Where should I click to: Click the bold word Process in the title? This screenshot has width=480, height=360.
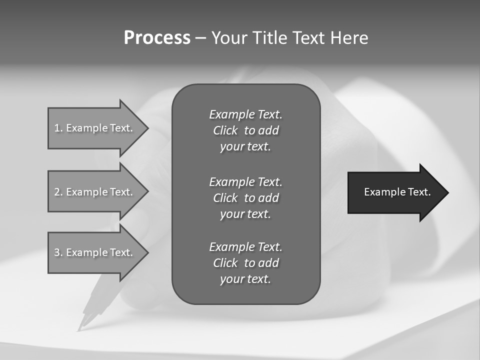[x=157, y=38]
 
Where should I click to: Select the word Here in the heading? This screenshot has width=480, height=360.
[x=349, y=38]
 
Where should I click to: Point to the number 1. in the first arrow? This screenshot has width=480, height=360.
[x=58, y=128]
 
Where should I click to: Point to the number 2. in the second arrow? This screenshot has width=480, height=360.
[x=58, y=192]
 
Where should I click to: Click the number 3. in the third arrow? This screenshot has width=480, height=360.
[x=58, y=252]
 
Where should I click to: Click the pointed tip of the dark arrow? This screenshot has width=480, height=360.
[x=446, y=192]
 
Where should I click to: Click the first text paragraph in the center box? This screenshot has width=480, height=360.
[x=245, y=130]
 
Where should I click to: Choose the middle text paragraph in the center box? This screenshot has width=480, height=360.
[x=245, y=197]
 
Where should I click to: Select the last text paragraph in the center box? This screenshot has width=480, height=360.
[x=245, y=263]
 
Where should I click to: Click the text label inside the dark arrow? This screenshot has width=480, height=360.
[x=397, y=192]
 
